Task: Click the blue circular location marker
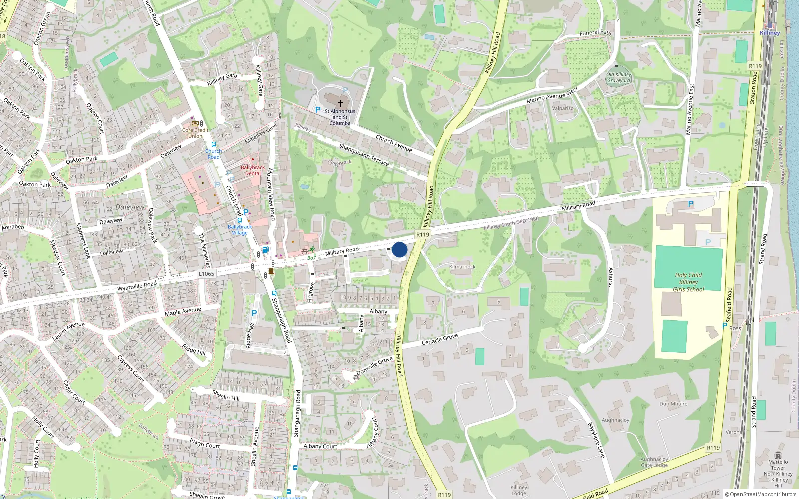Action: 399,249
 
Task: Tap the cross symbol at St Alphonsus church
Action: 340,103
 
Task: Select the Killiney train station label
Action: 769,33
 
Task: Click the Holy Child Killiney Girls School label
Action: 688,282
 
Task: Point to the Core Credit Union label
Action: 195,133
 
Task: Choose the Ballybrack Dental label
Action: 253,170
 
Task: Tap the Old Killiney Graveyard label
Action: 619,77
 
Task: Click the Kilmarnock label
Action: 462,267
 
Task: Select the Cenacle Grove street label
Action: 440,339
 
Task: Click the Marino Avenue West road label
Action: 552,95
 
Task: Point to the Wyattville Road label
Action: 137,286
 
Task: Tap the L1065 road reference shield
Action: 206,274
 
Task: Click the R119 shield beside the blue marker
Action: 422,234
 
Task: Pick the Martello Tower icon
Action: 778,455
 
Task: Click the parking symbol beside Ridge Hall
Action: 254,313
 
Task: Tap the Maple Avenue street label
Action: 183,311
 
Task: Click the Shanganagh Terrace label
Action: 364,154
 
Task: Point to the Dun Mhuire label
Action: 673,404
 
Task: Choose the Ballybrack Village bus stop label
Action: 240,230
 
